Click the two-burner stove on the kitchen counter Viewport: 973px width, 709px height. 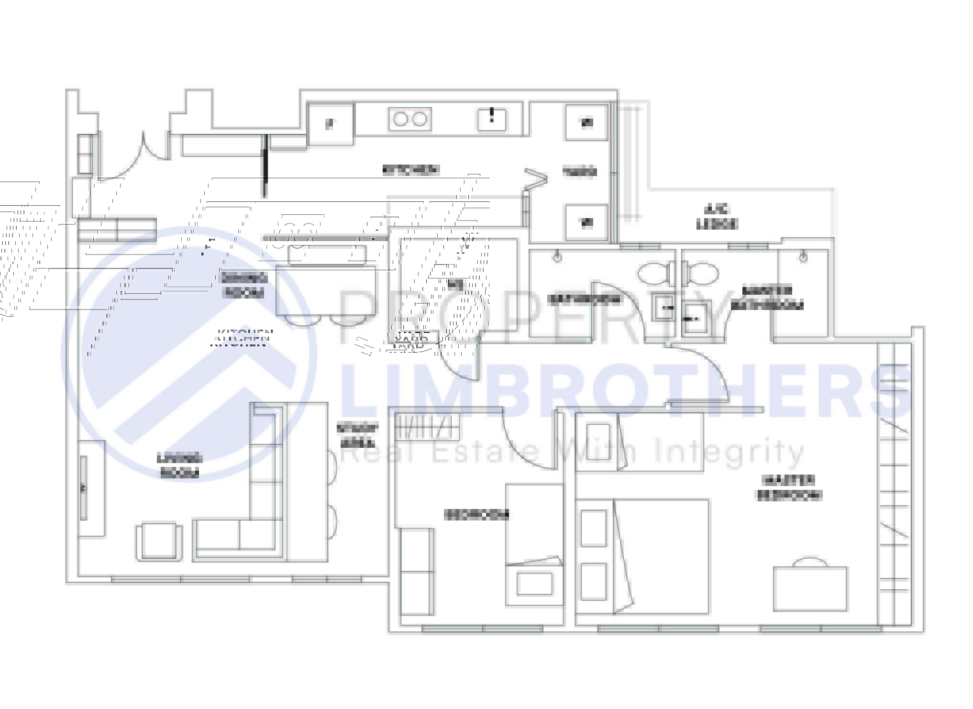click(410, 119)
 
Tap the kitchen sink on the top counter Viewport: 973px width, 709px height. click(492, 119)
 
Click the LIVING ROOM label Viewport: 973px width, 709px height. click(179, 466)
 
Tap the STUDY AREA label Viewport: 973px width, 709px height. click(358, 435)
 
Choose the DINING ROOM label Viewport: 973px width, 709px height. click(243, 285)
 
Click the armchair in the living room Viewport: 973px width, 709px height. click(159, 542)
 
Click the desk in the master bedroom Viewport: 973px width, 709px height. click(810, 588)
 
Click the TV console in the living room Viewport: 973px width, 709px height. click(91, 488)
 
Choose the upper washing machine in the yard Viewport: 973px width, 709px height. click(586, 122)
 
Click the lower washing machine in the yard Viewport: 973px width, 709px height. click(586, 222)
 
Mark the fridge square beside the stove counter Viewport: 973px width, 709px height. click(330, 124)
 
